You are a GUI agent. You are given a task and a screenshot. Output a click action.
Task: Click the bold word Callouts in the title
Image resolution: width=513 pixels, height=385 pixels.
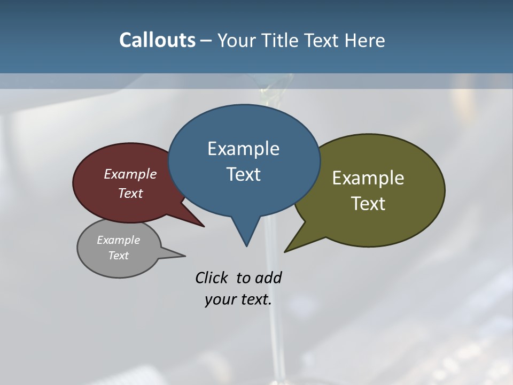pyautogui.click(x=157, y=40)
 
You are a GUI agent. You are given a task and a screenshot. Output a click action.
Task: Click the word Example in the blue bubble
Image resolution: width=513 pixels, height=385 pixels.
pyautogui.click(x=243, y=149)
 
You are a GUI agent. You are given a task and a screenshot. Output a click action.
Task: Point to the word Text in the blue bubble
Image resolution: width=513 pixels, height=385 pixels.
pyautogui.click(x=243, y=174)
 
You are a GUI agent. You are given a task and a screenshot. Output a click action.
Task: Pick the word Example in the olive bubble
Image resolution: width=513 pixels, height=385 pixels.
pyautogui.click(x=368, y=178)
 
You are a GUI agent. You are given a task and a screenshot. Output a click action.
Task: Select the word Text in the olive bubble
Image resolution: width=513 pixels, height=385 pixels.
pyautogui.click(x=368, y=203)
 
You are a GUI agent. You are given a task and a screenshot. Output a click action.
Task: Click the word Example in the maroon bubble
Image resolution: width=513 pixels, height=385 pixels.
pyautogui.click(x=130, y=174)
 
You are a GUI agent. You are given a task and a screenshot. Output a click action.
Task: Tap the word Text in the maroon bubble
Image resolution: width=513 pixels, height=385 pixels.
pyautogui.click(x=130, y=193)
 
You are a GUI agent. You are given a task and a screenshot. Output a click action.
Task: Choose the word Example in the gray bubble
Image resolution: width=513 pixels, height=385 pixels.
pyautogui.click(x=118, y=240)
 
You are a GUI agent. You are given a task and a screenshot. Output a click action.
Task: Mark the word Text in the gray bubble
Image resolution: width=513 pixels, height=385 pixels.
pyautogui.click(x=118, y=256)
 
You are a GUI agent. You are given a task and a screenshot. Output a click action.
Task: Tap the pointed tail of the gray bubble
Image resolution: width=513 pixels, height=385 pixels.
pyautogui.click(x=182, y=256)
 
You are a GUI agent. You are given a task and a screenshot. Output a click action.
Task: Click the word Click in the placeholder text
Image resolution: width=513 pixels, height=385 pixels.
pyautogui.click(x=212, y=278)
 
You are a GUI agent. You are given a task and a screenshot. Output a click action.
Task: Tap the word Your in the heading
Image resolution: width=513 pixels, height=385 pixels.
pyautogui.click(x=237, y=40)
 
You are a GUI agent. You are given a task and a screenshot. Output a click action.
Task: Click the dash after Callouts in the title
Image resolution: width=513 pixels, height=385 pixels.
pyautogui.click(x=206, y=40)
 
